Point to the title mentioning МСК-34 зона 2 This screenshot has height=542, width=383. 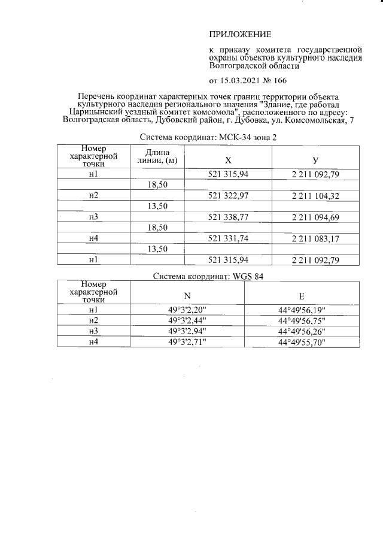208,137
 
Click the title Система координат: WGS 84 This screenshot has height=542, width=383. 208,276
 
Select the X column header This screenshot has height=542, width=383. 228,161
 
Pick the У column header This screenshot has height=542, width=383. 315,161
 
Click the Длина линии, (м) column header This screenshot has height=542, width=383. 157,156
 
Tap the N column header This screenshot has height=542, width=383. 186,295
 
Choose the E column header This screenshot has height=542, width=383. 302,295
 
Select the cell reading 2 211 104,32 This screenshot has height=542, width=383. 315,196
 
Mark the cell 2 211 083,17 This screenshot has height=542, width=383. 315,238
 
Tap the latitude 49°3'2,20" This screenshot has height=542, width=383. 186,310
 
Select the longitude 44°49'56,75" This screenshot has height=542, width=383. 302,320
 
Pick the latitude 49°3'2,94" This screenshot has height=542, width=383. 186,331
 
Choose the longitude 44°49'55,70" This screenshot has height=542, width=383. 302,341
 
